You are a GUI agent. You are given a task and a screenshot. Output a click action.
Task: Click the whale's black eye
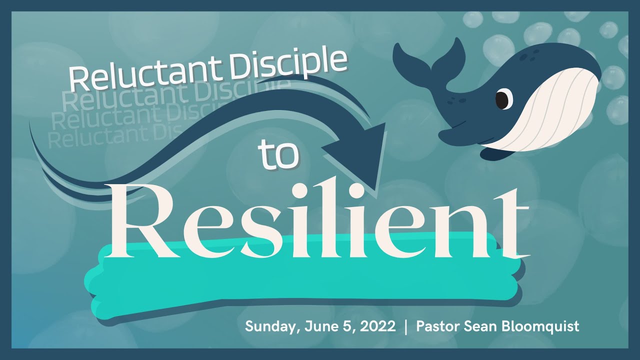[x=502, y=99]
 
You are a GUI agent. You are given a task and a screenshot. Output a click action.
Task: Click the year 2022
[x=378, y=327]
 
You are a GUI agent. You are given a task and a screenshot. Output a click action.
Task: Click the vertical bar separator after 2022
[x=405, y=327]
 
